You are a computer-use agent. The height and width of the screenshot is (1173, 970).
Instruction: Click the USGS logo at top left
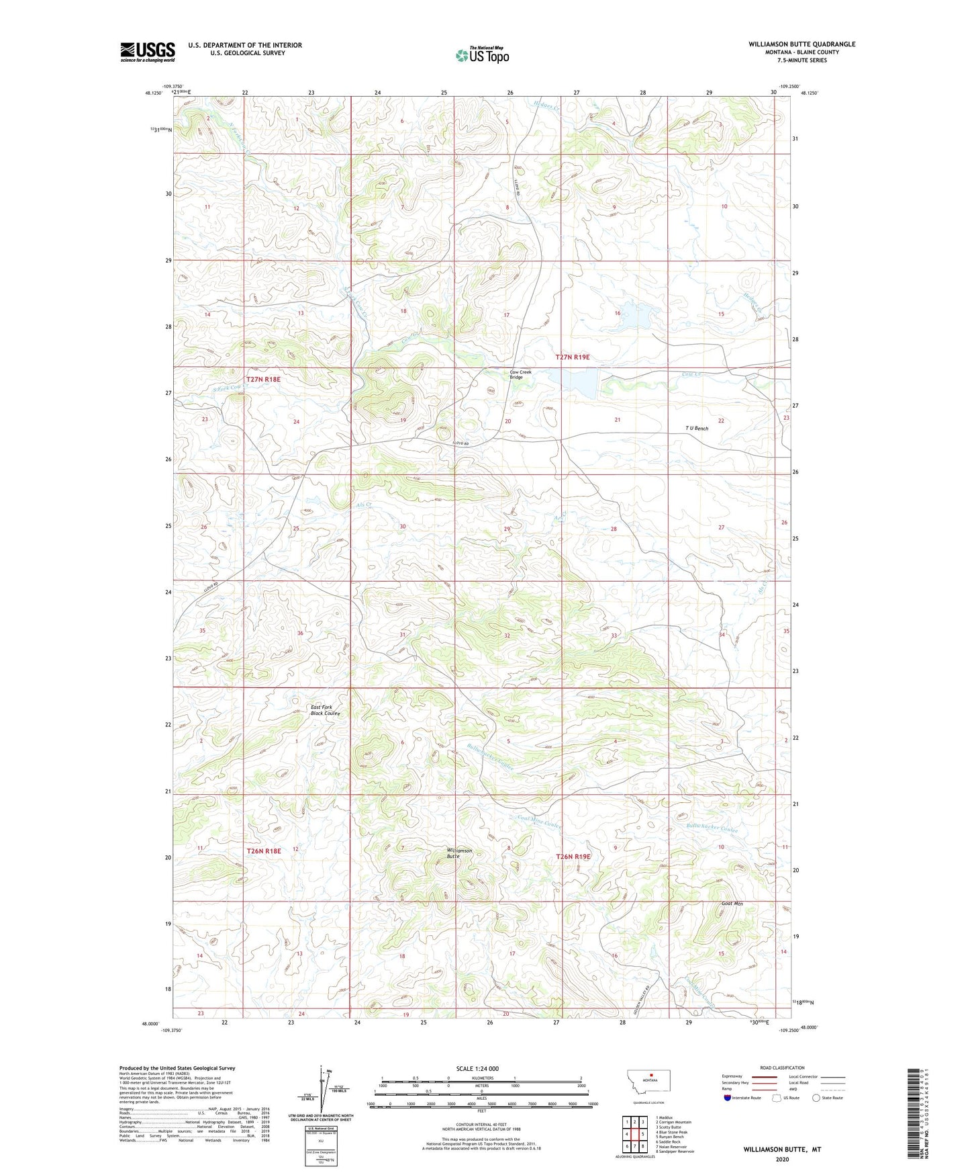147,51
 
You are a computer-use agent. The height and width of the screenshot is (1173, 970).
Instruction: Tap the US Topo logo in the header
482,55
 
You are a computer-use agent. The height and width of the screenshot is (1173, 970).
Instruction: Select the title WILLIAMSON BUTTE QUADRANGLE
802,44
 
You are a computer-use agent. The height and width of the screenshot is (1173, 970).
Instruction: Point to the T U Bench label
696,428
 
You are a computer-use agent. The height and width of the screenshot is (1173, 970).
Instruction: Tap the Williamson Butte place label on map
459,853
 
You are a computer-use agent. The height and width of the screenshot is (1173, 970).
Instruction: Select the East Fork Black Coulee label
325,710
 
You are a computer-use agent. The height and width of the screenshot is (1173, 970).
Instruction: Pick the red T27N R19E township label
573,357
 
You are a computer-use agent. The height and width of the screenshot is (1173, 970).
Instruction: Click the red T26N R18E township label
263,851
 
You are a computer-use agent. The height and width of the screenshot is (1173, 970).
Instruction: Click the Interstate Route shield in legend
728,1098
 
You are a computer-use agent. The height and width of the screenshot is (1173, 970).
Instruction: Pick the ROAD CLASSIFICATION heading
782,1068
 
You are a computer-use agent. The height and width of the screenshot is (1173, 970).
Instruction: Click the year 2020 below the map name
781,1160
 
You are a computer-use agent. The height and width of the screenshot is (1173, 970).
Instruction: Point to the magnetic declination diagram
326,1092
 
